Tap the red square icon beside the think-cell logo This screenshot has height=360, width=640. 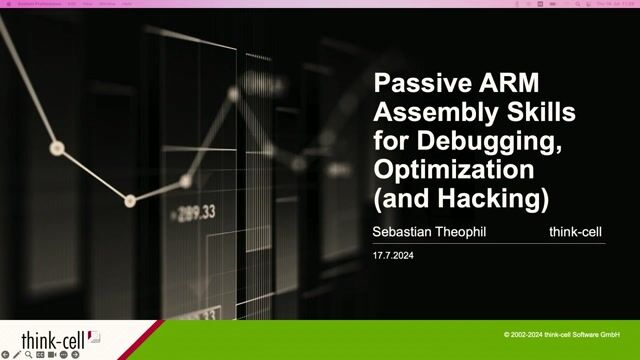click(96, 334)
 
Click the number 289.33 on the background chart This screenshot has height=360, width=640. click(196, 212)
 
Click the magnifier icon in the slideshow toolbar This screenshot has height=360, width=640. click(30, 355)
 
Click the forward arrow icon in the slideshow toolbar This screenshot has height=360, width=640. click(76, 355)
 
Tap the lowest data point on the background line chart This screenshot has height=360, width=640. click(130, 200)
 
